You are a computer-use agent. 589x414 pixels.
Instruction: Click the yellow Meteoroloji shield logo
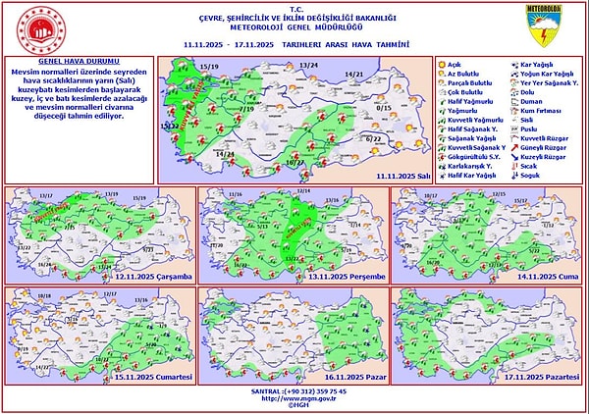pyautogui.click(x=543, y=26)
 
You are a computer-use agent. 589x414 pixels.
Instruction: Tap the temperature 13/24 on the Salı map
pyautogui.click(x=309, y=65)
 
